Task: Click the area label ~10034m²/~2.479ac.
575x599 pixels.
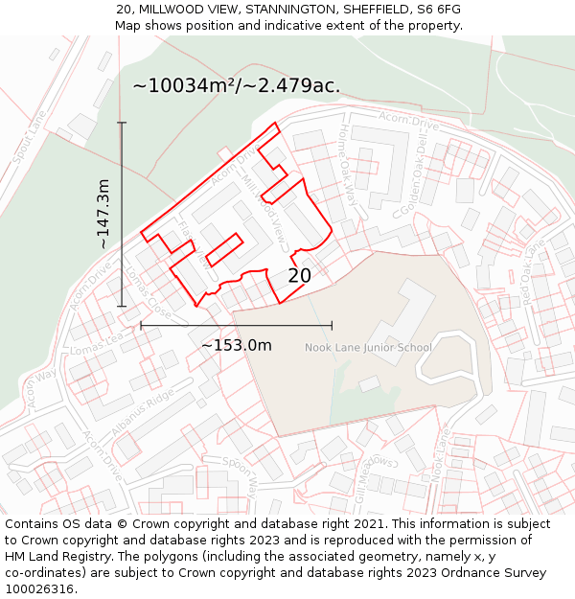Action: coord(236,85)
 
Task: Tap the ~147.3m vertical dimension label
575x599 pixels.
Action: coord(103,214)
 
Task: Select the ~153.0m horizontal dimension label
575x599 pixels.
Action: coord(236,345)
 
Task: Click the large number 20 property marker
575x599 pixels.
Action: coord(300,276)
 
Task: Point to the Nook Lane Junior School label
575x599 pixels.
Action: coord(368,348)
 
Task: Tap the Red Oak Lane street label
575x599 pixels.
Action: coord(532,271)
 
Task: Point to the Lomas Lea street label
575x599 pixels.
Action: coord(97,343)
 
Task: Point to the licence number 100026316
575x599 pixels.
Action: coord(38,589)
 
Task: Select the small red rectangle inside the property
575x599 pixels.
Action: coord(224,249)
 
